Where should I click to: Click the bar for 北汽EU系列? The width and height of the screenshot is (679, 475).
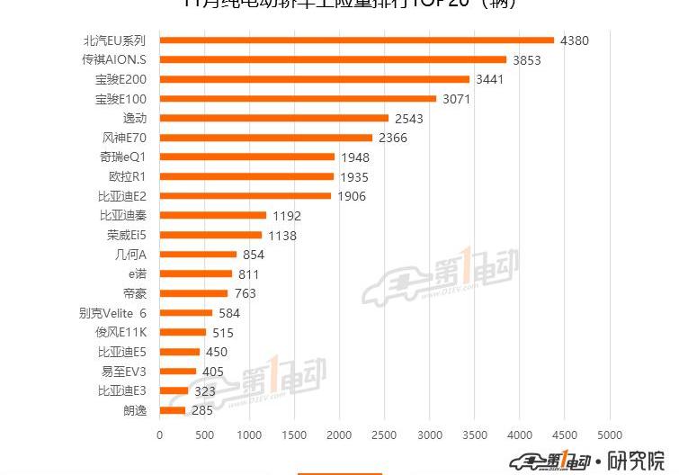pos(357,40)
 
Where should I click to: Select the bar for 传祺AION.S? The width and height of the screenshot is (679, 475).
pos(333,60)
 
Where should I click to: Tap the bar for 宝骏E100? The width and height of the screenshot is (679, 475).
pos(298,99)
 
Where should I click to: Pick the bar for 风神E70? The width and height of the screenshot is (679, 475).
pos(266,138)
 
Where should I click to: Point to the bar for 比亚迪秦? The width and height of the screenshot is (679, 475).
pos(213,216)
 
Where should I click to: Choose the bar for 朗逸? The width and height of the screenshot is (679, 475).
pos(173,410)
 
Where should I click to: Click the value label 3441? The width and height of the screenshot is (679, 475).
pos(494,79)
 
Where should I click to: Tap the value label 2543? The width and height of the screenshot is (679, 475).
pos(408,119)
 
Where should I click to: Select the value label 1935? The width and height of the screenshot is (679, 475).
pos(353,177)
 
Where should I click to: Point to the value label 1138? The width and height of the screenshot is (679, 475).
pos(281,236)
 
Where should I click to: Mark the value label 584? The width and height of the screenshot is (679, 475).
pos(232,313)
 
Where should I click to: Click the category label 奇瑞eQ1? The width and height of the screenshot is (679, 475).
pos(122,157)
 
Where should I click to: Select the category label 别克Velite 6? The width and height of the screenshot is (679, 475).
pos(112,313)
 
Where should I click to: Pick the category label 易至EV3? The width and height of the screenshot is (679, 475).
pos(123,372)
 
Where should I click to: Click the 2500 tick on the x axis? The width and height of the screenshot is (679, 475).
pos(385,435)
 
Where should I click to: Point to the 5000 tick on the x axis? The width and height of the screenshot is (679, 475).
pos(610,435)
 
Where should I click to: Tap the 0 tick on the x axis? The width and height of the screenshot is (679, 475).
pos(160,435)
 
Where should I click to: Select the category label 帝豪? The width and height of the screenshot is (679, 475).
pos(134,293)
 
